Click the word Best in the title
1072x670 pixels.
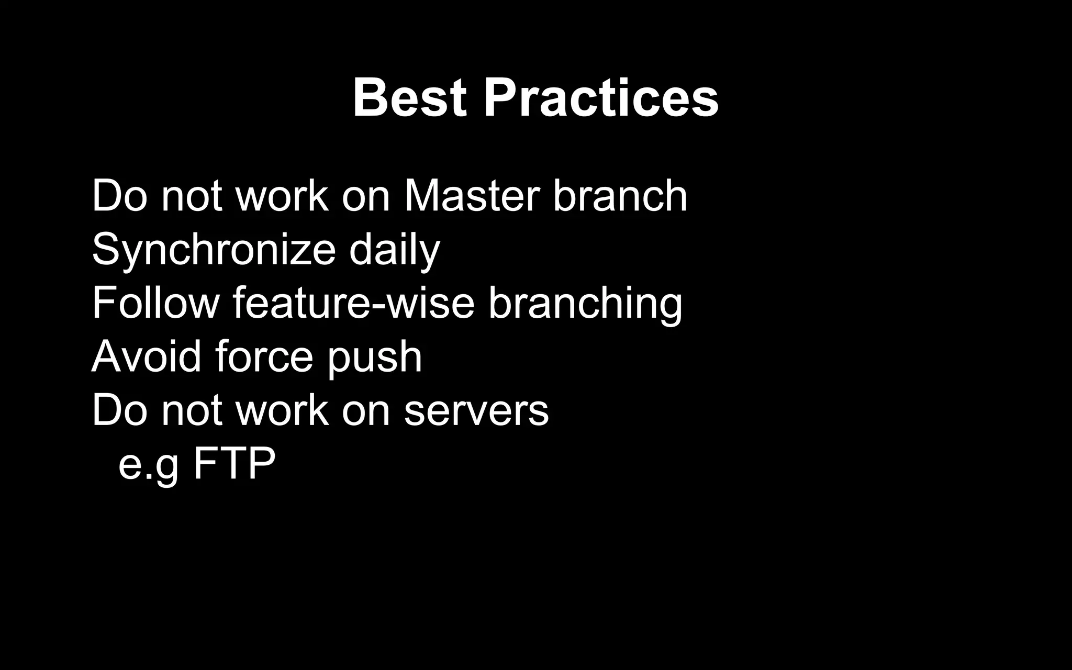click(409, 98)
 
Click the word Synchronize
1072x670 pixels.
click(214, 250)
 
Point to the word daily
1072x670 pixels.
click(394, 250)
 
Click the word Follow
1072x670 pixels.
click(155, 303)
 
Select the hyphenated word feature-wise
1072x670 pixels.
click(353, 303)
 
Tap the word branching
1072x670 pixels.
click(585, 303)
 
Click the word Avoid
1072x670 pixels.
click(147, 356)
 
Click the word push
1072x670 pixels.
click(375, 358)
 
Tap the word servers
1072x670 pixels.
click(476, 411)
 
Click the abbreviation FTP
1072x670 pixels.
click(234, 463)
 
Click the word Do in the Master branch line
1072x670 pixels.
click(120, 196)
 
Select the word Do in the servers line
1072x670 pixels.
click(120, 411)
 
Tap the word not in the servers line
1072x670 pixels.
click(192, 411)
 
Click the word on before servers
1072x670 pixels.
click(366, 411)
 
